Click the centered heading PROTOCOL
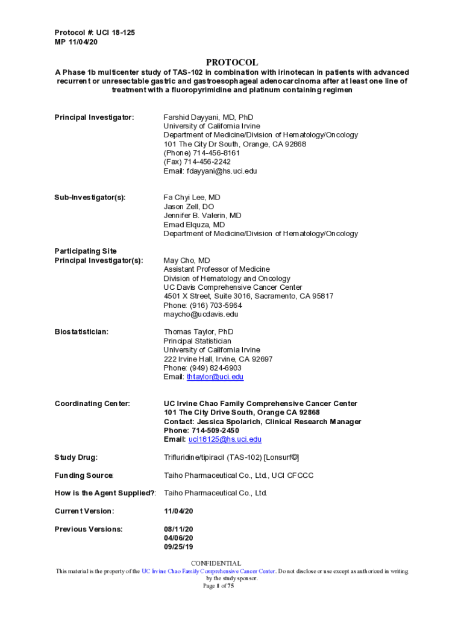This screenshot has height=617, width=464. click(232, 62)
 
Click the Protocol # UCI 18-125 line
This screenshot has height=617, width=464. click(95, 33)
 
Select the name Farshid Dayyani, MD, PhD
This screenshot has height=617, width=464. click(208, 117)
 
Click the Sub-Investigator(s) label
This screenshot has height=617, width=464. click(90, 198)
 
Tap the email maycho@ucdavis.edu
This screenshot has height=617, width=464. click(201, 314)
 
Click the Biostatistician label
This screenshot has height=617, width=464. click(81, 332)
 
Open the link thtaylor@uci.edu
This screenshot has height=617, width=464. click(215, 377)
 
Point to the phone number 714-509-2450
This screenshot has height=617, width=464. click(216, 431)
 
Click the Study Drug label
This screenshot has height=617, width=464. click(76, 458)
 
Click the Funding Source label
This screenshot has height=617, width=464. click(84, 476)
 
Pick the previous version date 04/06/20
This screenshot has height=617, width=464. click(178, 538)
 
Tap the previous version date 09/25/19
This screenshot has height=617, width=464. click(178, 547)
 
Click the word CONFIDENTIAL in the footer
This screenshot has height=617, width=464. click(216, 563)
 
